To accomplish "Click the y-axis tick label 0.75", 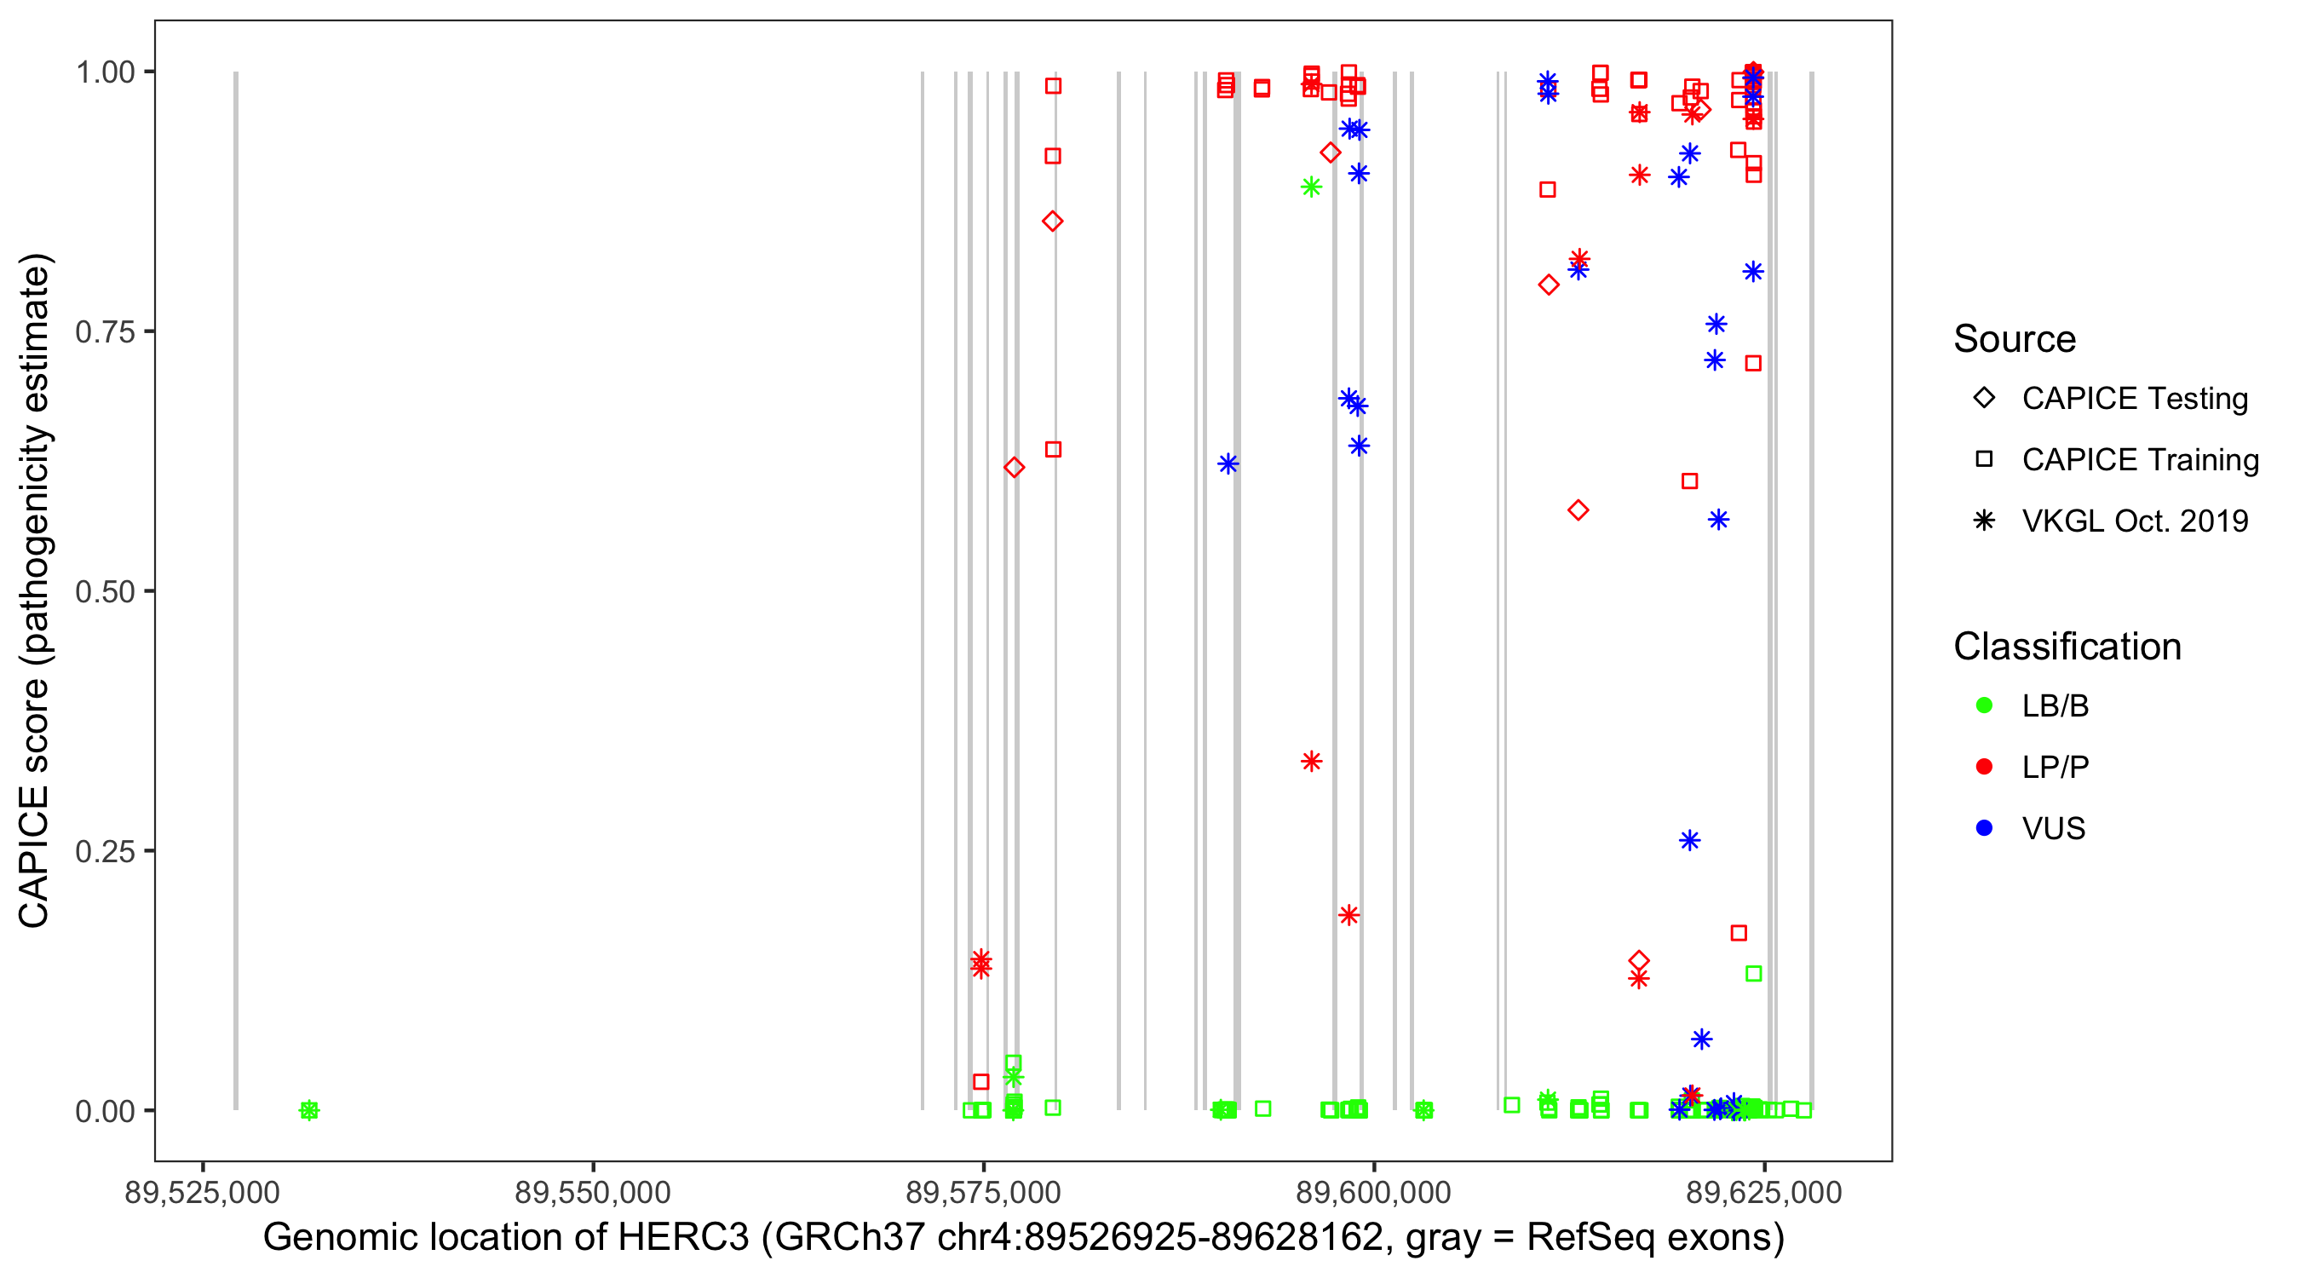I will tap(105, 332).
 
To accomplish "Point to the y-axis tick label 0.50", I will tap(105, 591).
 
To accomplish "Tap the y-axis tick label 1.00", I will tap(105, 72).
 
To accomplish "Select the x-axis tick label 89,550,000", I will tap(593, 1192).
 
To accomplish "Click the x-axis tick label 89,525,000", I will tap(203, 1192).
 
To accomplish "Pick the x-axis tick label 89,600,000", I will tap(1373, 1192).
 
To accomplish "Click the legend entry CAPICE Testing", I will tap(2134, 399).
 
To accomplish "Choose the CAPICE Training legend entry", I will tap(2139, 460).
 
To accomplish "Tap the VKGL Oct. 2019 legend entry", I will tap(2134, 521).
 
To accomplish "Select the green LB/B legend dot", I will tap(1984, 705).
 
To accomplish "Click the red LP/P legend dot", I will tap(1984, 767).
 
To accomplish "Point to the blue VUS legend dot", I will tap(1984, 829).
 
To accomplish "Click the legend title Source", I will tap(2015, 339).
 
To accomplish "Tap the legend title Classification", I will tap(2067, 647).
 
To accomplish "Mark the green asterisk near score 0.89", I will tap(1311, 187).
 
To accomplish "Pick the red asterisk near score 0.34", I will tap(1311, 762).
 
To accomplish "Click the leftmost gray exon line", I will tap(236, 590).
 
